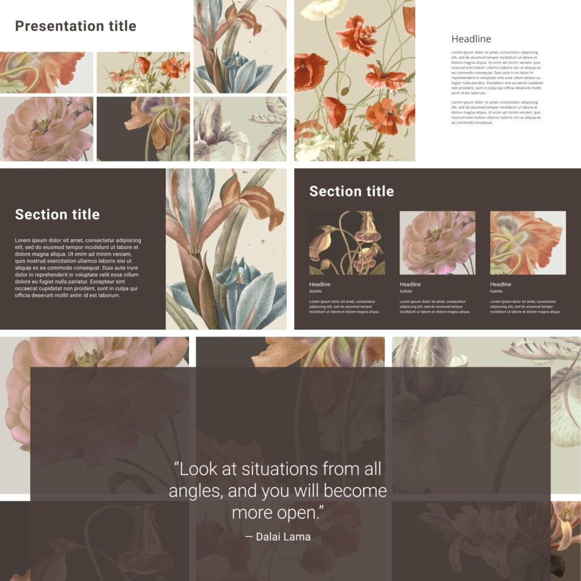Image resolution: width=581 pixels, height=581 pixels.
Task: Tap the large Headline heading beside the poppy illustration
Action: (471, 39)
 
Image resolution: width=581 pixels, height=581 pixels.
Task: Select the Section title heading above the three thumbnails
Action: (351, 191)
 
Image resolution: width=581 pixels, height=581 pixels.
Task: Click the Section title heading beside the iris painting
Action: (57, 214)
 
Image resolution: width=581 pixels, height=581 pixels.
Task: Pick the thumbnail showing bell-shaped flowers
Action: (347, 243)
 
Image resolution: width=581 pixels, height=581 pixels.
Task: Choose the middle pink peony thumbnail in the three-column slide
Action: (437, 243)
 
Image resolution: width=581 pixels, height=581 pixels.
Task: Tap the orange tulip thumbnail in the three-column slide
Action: (528, 243)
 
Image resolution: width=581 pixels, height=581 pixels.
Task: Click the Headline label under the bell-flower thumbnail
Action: (319, 284)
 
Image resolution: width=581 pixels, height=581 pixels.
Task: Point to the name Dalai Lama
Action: (283, 537)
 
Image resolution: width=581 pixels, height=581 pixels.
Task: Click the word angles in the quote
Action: (193, 491)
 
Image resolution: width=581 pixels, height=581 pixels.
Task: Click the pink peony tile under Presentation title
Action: (47, 129)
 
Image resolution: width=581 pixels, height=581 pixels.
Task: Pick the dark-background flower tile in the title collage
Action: (143, 129)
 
